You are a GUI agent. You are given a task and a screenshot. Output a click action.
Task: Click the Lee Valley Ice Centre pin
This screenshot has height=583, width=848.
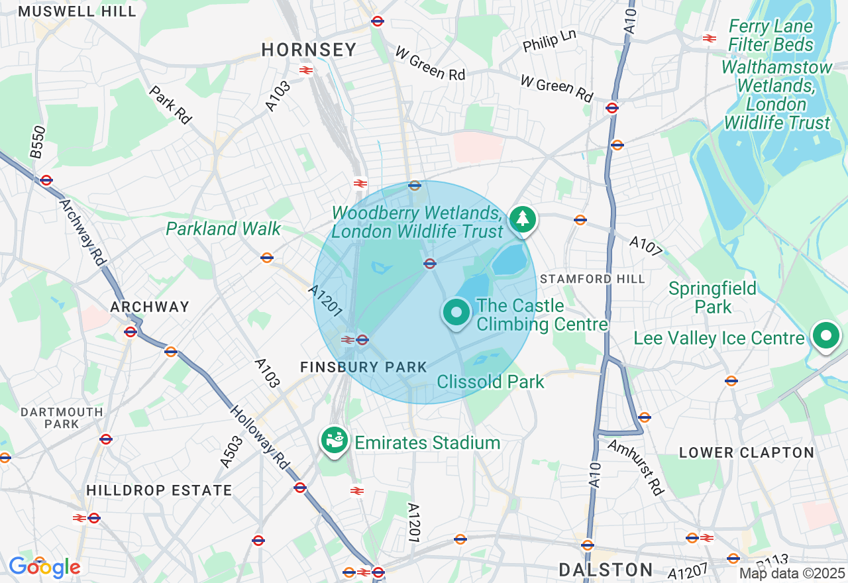pyautogui.click(x=825, y=336)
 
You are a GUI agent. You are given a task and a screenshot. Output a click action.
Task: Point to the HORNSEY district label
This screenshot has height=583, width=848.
pyautogui.click(x=309, y=50)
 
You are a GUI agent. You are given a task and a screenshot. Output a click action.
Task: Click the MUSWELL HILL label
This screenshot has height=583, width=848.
pyautogui.click(x=78, y=11)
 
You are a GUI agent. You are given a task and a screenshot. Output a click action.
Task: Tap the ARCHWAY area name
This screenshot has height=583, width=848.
pyautogui.click(x=150, y=307)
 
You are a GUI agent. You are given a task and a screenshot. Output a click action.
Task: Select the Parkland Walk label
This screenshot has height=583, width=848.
pyautogui.click(x=223, y=229)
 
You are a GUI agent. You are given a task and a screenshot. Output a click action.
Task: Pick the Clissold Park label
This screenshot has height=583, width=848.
pyautogui.click(x=490, y=382)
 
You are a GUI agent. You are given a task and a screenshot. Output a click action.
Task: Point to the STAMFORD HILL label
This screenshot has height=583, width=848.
pyautogui.click(x=592, y=279)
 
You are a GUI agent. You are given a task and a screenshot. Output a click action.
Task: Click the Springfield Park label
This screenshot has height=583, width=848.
pyautogui.click(x=712, y=297)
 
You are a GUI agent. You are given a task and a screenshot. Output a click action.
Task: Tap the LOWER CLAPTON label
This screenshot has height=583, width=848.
pyautogui.click(x=747, y=452)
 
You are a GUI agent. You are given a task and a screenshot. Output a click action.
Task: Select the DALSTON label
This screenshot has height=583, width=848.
pyautogui.click(x=606, y=570)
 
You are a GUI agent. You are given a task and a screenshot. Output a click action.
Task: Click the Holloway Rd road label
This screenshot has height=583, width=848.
pyautogui.click(x=259, y=438)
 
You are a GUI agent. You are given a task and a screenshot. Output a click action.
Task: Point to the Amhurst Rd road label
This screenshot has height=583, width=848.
pyautogui.click(x=636, y=467)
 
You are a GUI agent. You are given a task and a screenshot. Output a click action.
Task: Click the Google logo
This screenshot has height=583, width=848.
pyautogui.click(x=44, y=567)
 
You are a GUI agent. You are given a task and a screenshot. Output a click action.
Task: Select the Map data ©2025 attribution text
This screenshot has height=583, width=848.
pyautogui.click(x=792, y=573)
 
